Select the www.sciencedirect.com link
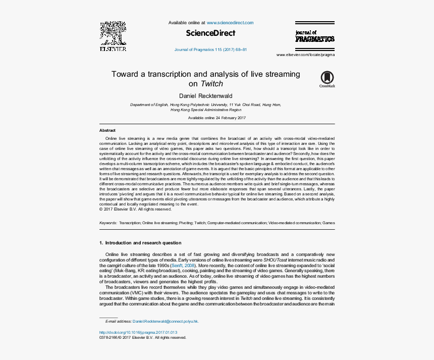pos(230,23)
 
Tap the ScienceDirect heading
pos(210,33)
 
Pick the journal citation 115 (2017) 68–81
pos(210,50)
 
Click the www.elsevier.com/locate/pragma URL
pos(305,55)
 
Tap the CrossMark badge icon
pos(327,78)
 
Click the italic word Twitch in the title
pos(211,84)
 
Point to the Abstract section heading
pos(107,130)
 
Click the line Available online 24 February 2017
pos(216,118)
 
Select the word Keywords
pos(108,223)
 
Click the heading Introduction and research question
pos(143,243)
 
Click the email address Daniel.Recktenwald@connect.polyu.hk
pos(166,321)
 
